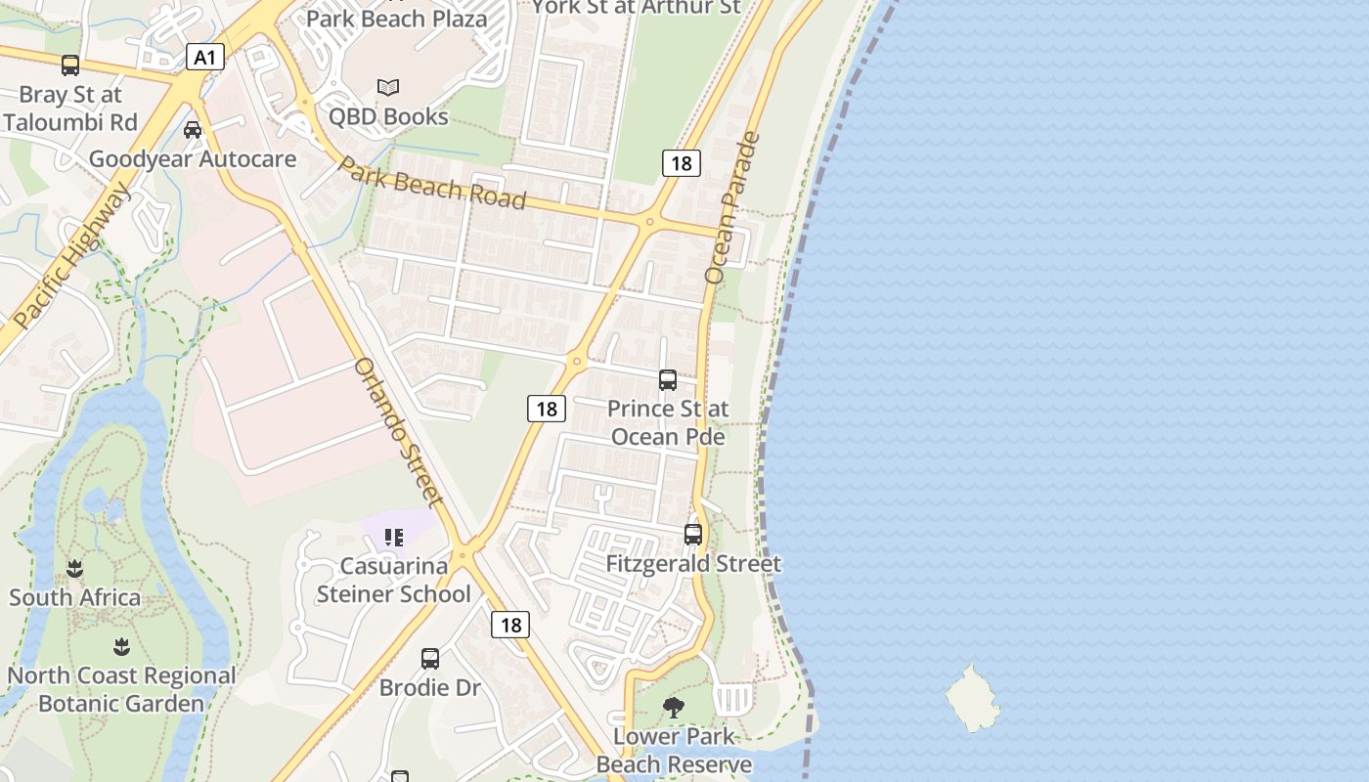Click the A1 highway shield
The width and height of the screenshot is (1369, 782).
[204, 58]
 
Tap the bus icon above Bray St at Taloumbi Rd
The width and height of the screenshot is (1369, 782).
[70, 65]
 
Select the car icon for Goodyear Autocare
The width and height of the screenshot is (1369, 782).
[193, 130]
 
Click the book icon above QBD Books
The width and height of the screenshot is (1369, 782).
[388, 88]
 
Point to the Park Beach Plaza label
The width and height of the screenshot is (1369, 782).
[396, 19]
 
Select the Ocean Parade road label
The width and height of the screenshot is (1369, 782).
[732, 207]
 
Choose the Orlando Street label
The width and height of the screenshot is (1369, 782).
[399, 432]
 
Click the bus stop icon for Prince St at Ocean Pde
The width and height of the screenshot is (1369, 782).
[668, 380]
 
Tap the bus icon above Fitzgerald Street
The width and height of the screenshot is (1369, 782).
[693, 535]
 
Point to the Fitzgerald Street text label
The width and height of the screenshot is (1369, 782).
[693, 564]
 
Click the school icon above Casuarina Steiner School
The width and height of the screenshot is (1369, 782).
[394, 538]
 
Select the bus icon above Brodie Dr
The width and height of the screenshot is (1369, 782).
[430, 659]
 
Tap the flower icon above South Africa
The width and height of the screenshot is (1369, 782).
[74, 569]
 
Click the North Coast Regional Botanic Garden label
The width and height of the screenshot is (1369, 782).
[121, 689]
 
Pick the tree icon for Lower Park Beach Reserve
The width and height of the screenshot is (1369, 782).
[673, 707]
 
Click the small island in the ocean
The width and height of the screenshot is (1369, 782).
[972, 698]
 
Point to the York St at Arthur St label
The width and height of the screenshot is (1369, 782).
[636, 8]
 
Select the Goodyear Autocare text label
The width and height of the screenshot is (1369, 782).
[193, 158]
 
